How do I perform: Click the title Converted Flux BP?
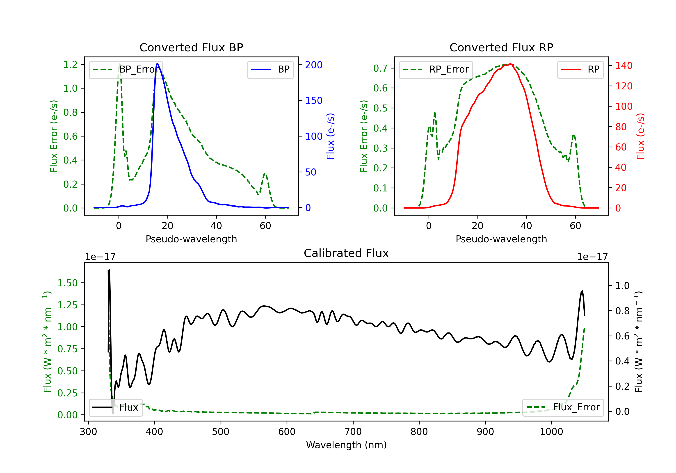[191, 47]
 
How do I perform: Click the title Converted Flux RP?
[501, 47]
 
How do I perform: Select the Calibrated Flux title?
[346, 253]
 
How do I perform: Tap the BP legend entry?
[270, 69]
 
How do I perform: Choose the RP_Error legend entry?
[436, 69]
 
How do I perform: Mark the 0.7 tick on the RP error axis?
[380, 68]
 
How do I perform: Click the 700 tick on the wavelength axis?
[353, 432]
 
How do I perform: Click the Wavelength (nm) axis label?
[346, 445]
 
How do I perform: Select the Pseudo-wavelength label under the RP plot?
[501, 239]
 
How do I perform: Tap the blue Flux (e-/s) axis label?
[331, 136]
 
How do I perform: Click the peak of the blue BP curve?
[158, 64]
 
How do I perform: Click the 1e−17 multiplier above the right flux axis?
[592, 257]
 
